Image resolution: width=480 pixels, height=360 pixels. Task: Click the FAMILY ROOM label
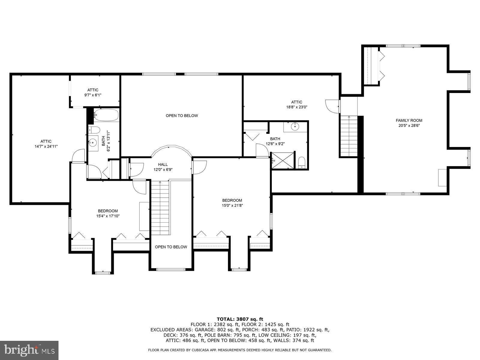pos(409,120)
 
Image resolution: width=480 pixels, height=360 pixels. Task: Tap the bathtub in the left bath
pos(106,115)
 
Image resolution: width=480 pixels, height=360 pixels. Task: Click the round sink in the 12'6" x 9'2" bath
pos(295,127)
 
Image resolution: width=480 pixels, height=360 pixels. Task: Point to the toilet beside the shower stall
pos(302,163)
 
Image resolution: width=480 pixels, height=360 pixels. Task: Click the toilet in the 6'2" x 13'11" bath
pos(94,130)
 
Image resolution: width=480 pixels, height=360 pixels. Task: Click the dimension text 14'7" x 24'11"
pos(46,146)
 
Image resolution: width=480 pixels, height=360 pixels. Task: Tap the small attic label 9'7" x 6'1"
pos(93,95)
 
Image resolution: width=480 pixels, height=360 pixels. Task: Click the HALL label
pos(163,164)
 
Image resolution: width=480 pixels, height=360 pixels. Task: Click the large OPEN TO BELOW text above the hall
pos(182,115)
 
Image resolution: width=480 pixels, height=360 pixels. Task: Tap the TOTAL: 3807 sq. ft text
pos(240,319)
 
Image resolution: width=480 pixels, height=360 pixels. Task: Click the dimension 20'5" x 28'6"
pos(409,126)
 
